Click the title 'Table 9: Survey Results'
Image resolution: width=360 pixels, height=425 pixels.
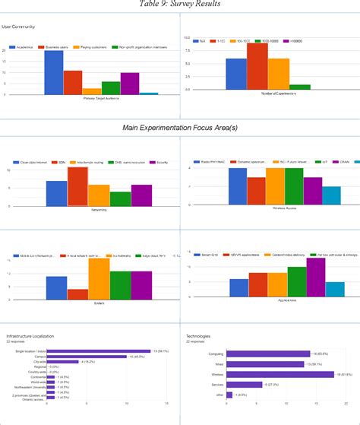coord(180,5)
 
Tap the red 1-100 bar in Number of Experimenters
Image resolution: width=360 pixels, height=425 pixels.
coord(257,68)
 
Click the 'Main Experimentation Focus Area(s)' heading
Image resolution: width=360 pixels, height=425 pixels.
coord(180,128)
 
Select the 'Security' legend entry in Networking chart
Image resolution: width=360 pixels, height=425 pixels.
coord(160,162)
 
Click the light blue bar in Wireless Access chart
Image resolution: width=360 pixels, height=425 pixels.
coord(331,196)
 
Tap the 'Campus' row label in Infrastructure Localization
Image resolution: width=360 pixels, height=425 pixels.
coord(42,357)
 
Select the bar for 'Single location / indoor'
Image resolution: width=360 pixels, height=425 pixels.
coord(99,350)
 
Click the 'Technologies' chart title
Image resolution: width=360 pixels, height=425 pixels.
coord(198,335)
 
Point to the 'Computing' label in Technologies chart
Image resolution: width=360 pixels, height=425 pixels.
coord(215,354)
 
